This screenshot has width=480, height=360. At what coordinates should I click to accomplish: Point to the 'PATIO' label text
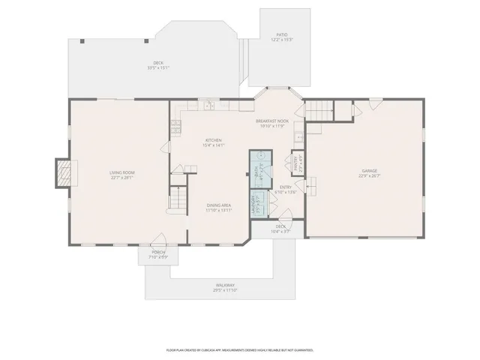point(281,34)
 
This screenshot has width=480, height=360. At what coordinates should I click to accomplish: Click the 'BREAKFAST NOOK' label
point(271,121)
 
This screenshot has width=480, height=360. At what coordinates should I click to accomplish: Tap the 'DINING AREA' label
point(218,205)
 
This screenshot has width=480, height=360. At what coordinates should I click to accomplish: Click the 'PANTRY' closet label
point(296,163)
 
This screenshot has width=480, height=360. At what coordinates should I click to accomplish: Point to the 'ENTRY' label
point(286,187)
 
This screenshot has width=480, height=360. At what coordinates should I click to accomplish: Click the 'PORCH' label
point(158,252)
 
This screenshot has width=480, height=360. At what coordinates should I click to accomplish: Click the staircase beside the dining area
point(178,199)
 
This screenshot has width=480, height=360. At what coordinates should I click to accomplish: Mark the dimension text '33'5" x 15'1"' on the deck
point(158,67)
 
